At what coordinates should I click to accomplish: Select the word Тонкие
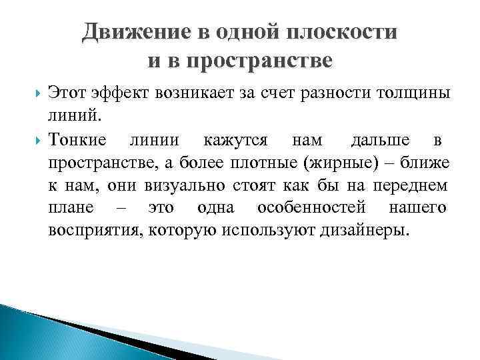[x=77, y=141]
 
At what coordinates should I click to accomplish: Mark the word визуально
[x=177, y=186]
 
